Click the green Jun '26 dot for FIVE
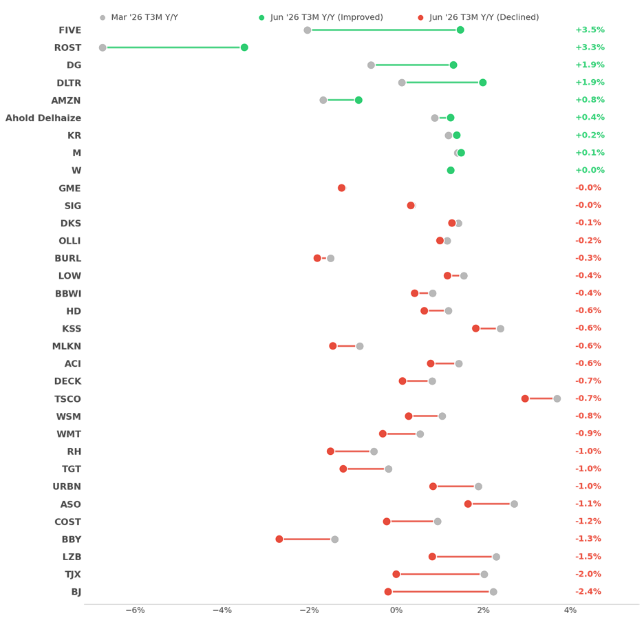(460, 30)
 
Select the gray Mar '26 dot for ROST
(103, 47)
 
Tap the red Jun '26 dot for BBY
(279, 539)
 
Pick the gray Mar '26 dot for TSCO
(557, 398)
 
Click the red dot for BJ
(388, 592)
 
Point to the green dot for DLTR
(483, 83)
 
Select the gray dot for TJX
(484, 575)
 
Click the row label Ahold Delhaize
(43, 118)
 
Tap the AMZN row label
(66, 100)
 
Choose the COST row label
(67, 522)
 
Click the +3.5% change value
(590, 30)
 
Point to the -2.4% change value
(588, 592)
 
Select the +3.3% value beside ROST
(590, 47)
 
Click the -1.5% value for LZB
(588, 557)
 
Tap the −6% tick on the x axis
(135, 610)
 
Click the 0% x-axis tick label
(396, 610)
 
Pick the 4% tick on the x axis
(570, 610)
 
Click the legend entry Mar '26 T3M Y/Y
(139, 17)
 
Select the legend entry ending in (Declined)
(478, 17)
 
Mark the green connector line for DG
(412, 65)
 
